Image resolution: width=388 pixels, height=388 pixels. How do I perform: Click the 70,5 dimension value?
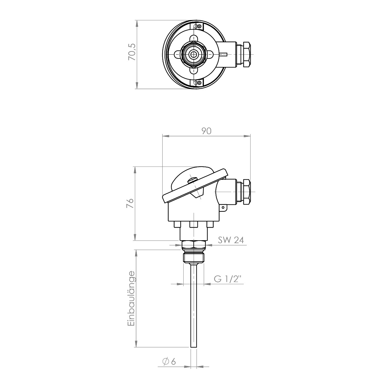132,52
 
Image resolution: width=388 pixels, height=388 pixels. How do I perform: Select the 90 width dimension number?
206,131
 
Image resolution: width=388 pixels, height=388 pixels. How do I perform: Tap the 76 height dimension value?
130,203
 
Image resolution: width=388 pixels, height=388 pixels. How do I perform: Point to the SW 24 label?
231,240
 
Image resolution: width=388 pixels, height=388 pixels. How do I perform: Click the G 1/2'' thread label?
228,279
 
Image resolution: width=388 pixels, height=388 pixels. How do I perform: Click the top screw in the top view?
199,26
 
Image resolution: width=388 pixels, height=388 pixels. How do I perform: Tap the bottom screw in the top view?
199,82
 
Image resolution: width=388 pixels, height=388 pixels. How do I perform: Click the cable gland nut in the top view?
247,54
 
